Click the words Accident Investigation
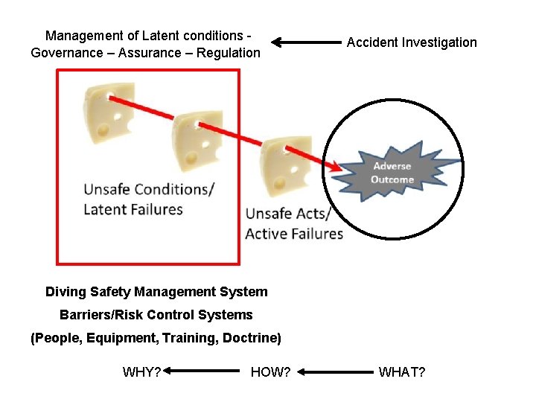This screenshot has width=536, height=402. (412, 42)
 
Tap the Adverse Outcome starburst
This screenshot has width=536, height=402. (392, 173)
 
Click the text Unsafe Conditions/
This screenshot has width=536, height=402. (148, 189)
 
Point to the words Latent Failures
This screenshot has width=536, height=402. (133, 209)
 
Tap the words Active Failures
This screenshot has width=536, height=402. (294, 234)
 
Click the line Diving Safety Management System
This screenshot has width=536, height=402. (156, 292)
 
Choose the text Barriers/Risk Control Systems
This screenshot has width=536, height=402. (156, 315)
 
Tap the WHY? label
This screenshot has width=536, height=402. (141, 371)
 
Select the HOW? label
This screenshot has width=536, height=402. (270, 371)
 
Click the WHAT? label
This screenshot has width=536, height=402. (402, 371)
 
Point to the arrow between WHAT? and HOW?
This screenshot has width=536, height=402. (335, 371)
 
